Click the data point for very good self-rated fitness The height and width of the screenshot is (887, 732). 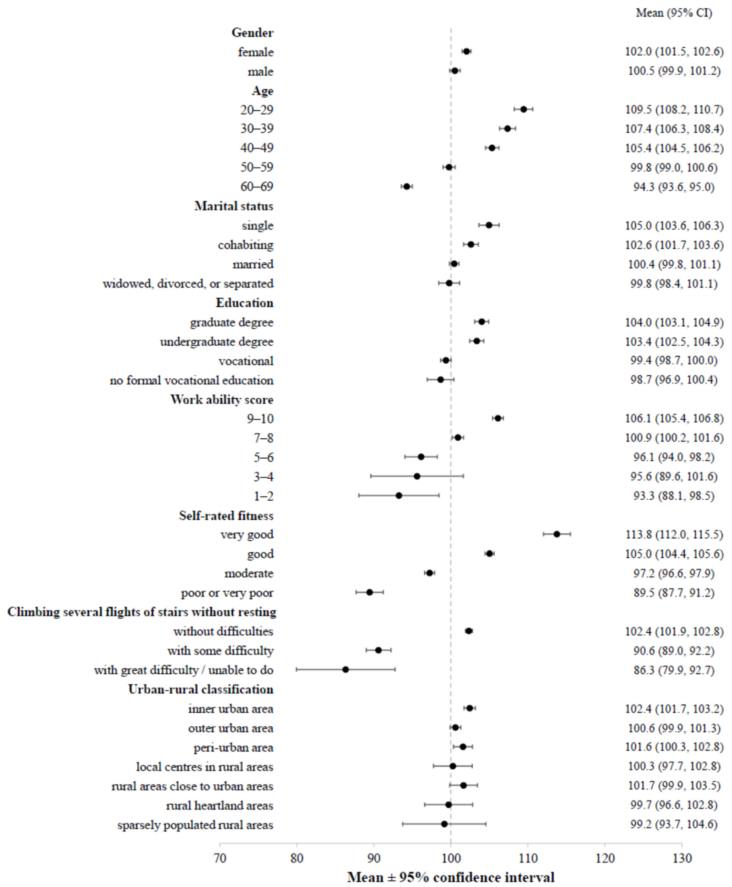(557, 534)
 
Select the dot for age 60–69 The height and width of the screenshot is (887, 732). (407, 186)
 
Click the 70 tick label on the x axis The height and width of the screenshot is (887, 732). (220, 858)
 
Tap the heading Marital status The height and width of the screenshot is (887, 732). (234, 206)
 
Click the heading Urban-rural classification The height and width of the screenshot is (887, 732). (201, 689)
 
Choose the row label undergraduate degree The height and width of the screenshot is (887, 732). (217, 342)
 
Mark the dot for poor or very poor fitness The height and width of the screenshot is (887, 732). (369, 592)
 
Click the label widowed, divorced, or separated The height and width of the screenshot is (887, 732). (188, 283)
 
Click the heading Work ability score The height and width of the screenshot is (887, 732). (222, 400)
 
